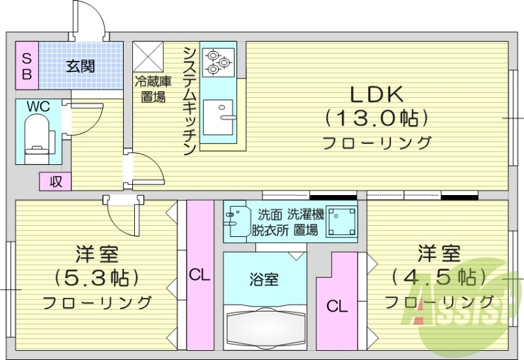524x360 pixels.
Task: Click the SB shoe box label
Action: (x=27, y=65)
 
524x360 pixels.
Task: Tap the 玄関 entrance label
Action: (x=81, y=65)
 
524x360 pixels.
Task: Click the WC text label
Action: (x=39, y=106)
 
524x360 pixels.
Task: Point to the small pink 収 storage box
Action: (x=56, y=181)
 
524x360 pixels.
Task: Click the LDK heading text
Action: (x=375, y=95)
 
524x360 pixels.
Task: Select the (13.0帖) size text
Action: (x=376, y=118)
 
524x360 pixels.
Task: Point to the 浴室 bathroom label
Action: (x=264, y=279)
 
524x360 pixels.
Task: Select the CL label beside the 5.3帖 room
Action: (x=200, y=276)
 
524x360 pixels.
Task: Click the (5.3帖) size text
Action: (x=97, y=278)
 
